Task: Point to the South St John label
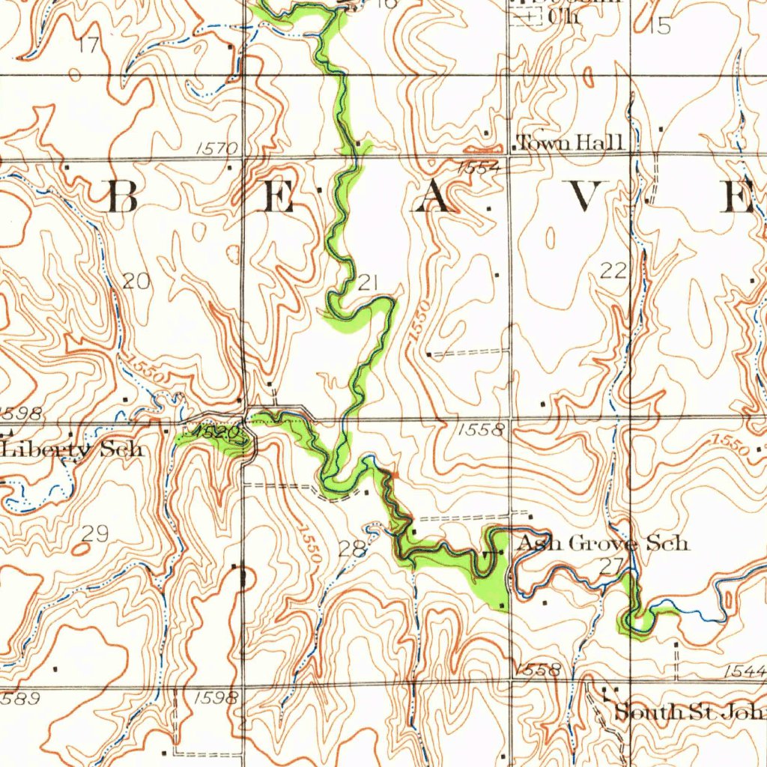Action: click(689, 712)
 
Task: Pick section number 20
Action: click(137, 282)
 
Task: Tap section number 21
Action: click(369, 282)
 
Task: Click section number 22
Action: click(613, 271)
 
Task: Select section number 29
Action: click(95, 533)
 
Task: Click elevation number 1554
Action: click(479, 168)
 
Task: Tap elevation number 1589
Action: click(19, 698)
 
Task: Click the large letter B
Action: click(124, 197)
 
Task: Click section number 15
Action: click(661, 26)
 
